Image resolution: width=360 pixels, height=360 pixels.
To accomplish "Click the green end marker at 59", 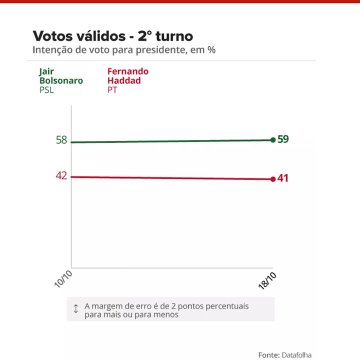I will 272,140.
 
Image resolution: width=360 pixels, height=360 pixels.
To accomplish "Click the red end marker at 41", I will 272,179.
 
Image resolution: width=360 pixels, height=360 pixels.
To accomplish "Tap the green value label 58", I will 61,140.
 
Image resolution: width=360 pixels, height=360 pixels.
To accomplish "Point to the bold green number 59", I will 283,139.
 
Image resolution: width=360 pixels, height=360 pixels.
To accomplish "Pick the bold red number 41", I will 283,178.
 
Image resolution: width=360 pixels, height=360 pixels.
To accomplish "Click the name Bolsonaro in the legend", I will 60,80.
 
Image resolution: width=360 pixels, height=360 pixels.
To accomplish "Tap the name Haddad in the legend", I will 124,80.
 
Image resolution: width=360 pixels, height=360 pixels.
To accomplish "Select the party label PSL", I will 46,90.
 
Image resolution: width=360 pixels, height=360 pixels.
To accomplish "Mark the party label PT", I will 112,90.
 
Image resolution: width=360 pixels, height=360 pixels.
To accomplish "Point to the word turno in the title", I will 174,36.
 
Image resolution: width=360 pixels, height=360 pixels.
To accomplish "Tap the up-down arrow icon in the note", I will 76,309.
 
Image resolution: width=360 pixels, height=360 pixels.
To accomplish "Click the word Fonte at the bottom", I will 268,354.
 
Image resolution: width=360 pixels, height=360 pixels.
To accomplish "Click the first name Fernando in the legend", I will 127,71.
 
